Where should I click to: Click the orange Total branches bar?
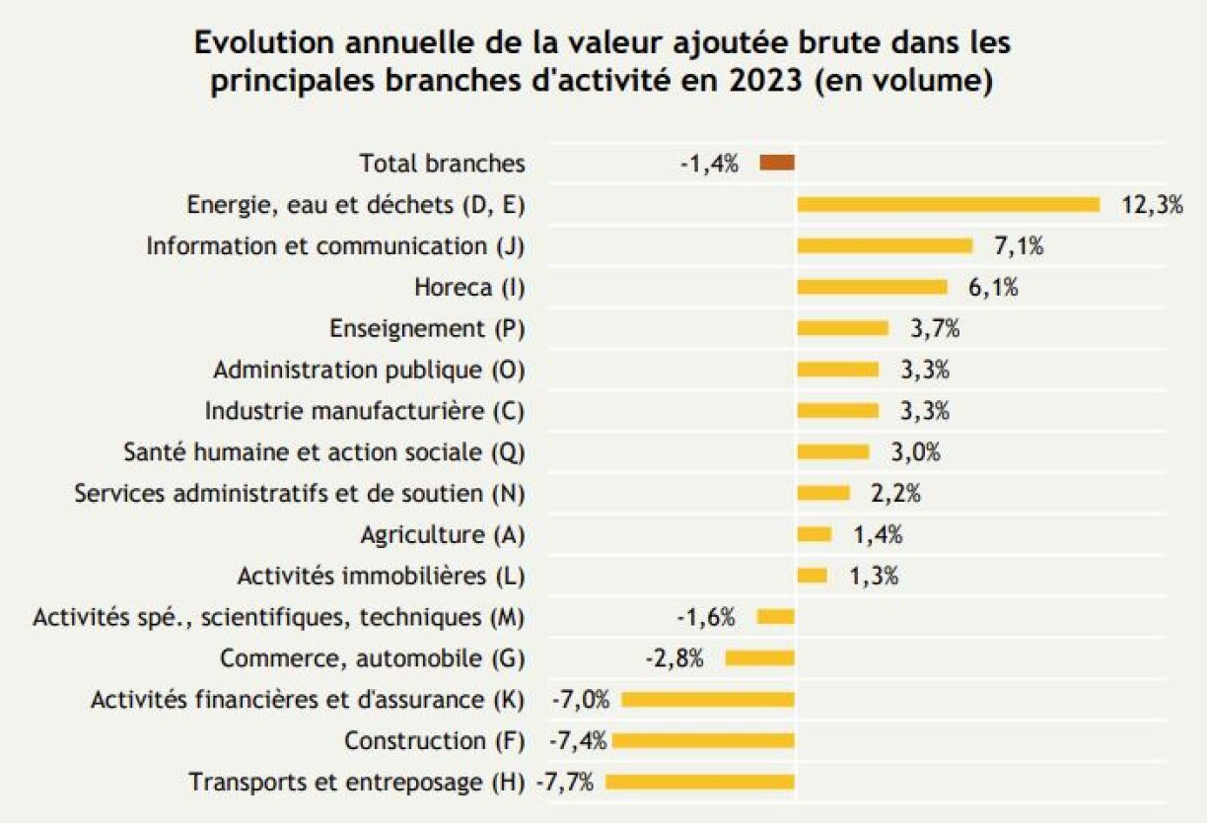pos(777,164)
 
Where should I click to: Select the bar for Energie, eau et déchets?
pos(948,205)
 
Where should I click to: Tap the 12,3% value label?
pos(1152,205)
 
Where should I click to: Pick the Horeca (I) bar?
pos(872,288)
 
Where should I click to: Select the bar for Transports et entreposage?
pos(700,783)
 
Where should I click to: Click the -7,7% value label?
pos(565,783)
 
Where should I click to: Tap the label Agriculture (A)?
pos(443,535)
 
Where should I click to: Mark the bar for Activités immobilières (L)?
pos(812,576)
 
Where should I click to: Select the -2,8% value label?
pos(674,658)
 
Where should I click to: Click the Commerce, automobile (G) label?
pos(372,658)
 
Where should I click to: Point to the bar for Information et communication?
pos(885,246)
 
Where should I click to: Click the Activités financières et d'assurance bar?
pos(708,700)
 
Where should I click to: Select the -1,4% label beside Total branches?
pos(709,164)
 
